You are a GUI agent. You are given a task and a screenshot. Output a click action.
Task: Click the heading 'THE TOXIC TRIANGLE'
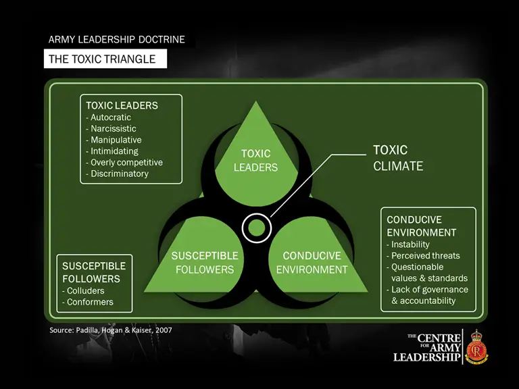click(102, 59)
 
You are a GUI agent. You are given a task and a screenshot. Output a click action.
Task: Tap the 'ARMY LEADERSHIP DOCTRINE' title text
click(117, 40)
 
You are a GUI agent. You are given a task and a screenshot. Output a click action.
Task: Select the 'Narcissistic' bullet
click(113, 128)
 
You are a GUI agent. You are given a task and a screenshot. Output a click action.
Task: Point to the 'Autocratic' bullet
click(111, 117)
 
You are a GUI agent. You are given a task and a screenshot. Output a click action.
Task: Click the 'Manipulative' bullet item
click(116, 140)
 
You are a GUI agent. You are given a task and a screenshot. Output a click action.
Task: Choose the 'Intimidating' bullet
click(114, 151)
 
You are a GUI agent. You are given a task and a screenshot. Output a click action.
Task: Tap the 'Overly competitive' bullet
click(126, 162)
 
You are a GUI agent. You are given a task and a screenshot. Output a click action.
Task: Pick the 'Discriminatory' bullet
click(119, 174)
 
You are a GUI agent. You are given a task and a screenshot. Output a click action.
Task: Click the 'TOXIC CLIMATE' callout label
click(398, 158)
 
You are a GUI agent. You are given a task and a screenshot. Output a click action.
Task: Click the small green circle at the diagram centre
click(256, 227)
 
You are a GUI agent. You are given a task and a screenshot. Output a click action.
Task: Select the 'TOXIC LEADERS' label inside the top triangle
click(256, 161)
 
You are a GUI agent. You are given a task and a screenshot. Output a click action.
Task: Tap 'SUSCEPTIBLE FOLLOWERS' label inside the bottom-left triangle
click(205, 263)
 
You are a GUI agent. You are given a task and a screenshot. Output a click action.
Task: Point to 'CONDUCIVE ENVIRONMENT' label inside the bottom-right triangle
click(312, 263)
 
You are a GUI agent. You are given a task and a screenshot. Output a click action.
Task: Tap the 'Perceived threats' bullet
click(426, 256)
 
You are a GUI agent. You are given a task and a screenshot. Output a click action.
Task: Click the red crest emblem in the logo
click(476, 347)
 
